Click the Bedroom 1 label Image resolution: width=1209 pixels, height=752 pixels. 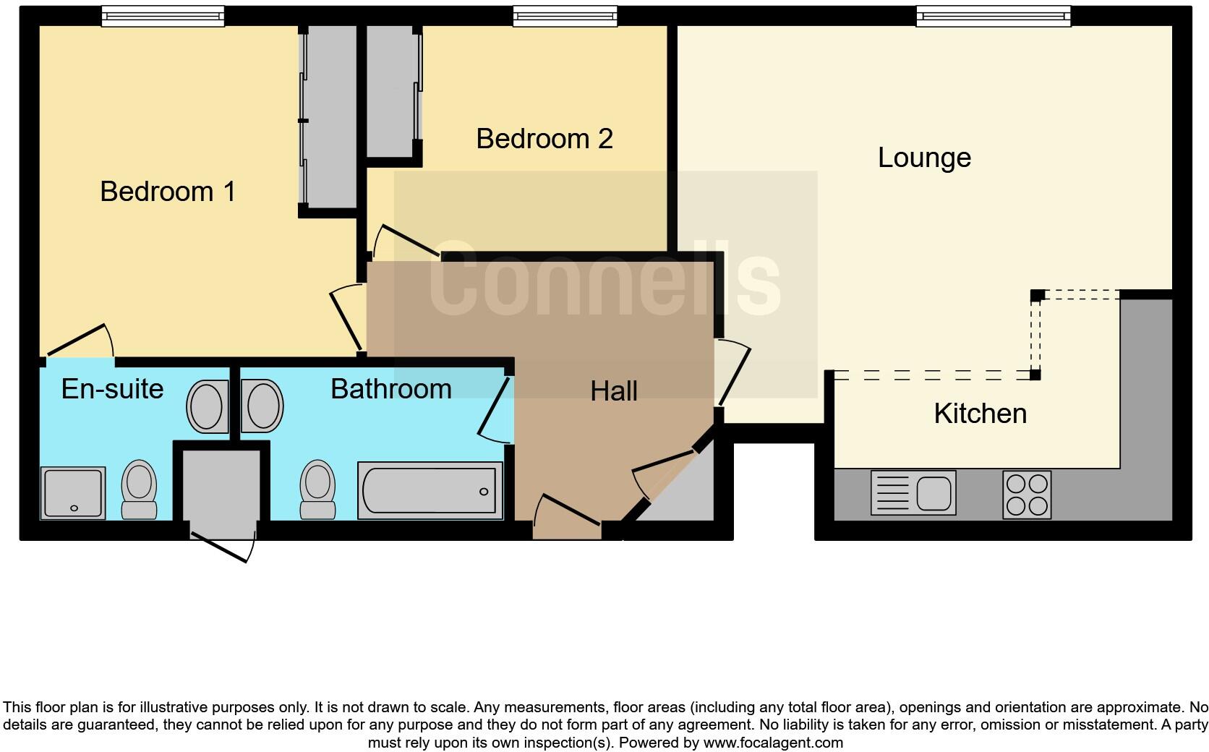point(168,192)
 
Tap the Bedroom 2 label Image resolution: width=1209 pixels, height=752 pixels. point(544,139)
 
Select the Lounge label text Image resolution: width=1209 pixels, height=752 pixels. point(923,158)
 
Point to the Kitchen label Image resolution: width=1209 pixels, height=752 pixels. point(980,414)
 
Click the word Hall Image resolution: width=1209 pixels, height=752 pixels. point(613,391)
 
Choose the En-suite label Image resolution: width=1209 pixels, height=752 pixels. point(112,389)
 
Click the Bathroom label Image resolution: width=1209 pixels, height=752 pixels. point(390,389)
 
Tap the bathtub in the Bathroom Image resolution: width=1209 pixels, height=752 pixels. point(430,491)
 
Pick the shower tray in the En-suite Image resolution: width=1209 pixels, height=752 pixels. point(73,493)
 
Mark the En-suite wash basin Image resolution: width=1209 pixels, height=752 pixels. point(208,406)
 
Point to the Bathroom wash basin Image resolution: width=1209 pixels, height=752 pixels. point(262,406)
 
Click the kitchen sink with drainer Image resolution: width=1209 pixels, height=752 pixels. point(913,493)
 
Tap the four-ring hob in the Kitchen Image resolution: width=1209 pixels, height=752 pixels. point(1027,495)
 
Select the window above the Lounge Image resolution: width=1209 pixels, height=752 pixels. point(993,17)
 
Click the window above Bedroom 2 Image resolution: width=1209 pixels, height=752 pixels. point(565,17)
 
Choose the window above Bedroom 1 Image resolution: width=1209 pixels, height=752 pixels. point(163,17)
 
